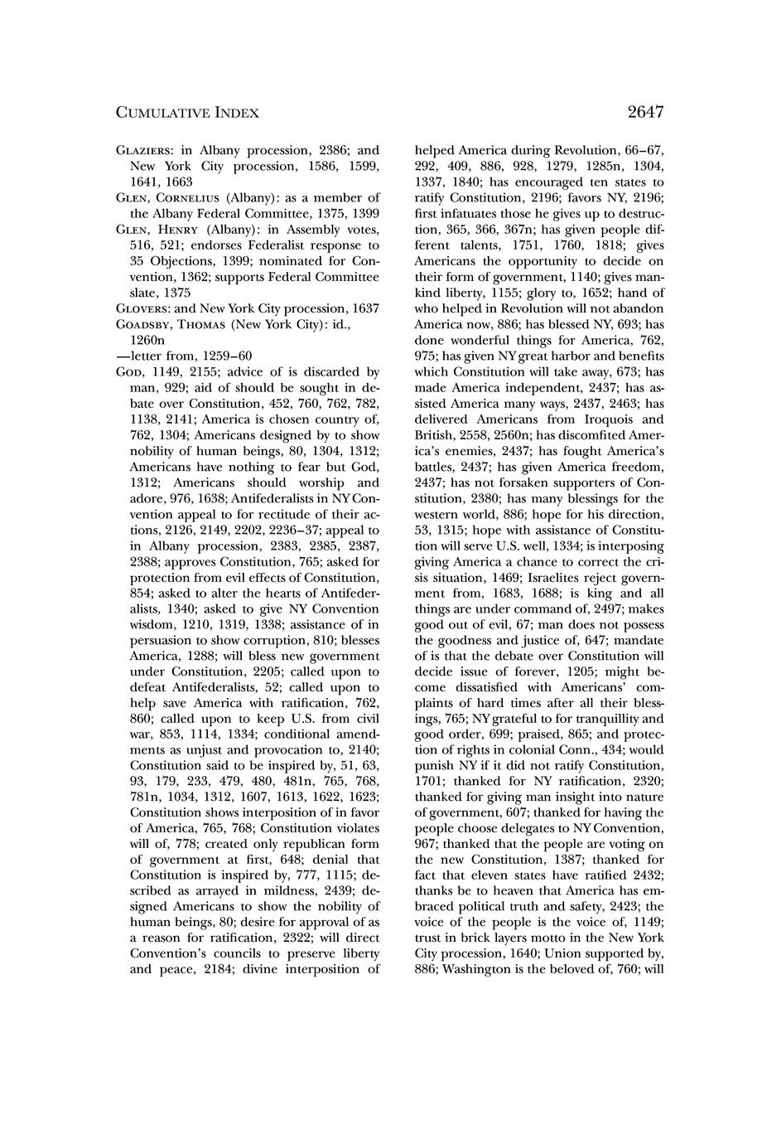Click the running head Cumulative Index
click(187, 113)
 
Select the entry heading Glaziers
click(144, 151)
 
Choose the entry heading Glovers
click(142, 308)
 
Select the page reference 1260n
click(150, 339)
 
